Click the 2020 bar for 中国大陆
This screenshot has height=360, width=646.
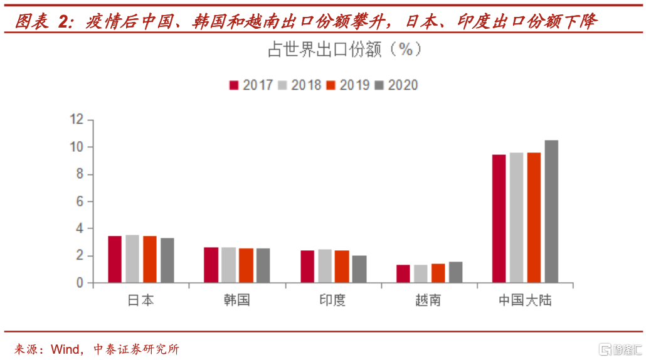pos(551,211)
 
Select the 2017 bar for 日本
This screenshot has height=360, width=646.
pos(115,260)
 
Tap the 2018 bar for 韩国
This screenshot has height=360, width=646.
pos(228,265)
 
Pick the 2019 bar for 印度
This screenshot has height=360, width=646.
pos(342,267)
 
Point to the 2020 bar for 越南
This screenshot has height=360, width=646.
pos(455,272)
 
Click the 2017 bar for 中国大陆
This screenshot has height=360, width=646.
pos(499,219)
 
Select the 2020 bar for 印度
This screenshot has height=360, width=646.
pos(359,269)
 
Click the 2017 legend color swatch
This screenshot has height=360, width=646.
pos(235,85)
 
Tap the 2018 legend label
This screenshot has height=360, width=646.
pos(306,85)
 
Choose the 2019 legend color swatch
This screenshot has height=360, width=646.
pos(332,85)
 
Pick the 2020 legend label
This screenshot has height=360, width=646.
pos(403,85)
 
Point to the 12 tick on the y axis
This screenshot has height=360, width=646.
pos(77,120)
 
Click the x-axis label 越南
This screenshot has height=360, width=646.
pos(428,300)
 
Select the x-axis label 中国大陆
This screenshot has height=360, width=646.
pos(525,300)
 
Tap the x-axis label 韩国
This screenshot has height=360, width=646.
pos(236,300)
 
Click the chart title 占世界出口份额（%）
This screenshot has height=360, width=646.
pos(344,50)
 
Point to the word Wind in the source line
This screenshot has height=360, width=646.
pos(65,349)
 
